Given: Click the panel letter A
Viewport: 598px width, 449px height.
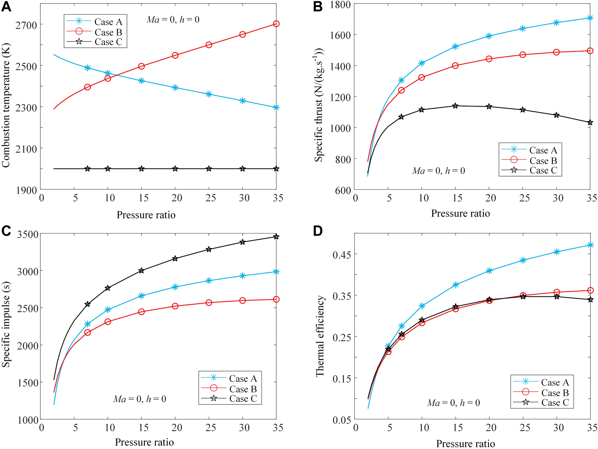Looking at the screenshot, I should click(x=6, y=7).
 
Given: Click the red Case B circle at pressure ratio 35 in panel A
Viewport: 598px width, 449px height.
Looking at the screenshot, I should click(x=276, y=24).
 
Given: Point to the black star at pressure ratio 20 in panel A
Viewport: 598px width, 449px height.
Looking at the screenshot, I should click(x=175, y=169).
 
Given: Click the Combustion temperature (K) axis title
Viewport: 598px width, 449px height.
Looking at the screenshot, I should click(x=6, y=105).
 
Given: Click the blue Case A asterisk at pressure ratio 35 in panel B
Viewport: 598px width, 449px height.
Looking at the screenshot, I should click(x=590, y=18).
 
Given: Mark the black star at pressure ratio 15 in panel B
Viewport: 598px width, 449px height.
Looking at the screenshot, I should click(x=455, y=106).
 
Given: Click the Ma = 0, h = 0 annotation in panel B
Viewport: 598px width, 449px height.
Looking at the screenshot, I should click(x=438, y=171).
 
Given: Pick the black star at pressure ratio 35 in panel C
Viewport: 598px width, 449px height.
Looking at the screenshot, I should click(x=276, y=237).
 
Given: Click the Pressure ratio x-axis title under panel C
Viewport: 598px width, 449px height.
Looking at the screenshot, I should click(x=144, y=442).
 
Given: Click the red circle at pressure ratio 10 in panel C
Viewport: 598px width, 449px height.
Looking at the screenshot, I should click(x=108, y=322).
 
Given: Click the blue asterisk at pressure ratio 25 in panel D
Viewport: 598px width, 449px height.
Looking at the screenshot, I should click(x=523, y=260).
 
